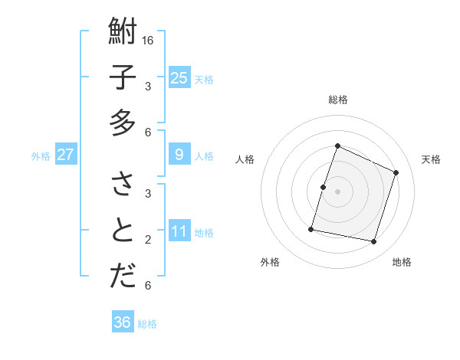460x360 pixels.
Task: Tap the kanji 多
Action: pos(123,123)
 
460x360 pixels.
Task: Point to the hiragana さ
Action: pos(123,185)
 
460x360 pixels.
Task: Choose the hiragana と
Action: pos(123,230)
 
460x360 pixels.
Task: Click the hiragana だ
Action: pos(123,276)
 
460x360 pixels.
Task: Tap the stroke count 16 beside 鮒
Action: pos(149,41)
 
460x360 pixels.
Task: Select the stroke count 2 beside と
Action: pos(149,239)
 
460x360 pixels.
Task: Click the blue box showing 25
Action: pos(179,77)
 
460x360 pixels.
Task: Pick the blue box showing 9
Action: pos(179,155)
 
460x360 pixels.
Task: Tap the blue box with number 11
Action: pos(179,231)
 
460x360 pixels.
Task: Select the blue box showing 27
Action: pos(66,155)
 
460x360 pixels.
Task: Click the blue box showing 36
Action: pos(123,322)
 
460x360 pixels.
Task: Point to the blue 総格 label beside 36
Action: pos(147,324)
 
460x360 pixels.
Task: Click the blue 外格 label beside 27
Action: pos(41,156)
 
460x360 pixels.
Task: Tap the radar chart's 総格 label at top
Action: pos(337,100)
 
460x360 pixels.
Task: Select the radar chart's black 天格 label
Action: pos(431,159)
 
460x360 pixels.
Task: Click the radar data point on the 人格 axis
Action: pos(324,187)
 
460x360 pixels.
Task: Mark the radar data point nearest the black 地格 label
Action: pos(374,242)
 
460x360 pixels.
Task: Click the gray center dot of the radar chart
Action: pos(337,191)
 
